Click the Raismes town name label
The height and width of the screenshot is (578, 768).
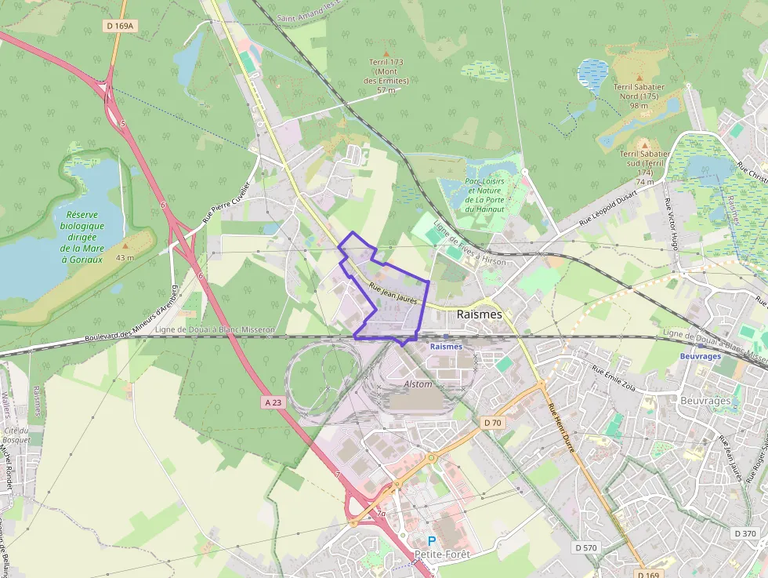click(479, 314)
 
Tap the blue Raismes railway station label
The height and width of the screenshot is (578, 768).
click(446, 345)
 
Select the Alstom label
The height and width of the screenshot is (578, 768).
click(418, 384)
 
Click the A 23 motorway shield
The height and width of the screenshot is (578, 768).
click(273, 402)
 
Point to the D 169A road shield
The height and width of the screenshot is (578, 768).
click(121, 26)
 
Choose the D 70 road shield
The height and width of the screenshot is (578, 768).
click(492, 423)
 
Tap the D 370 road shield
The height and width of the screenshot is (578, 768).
click(745, 533)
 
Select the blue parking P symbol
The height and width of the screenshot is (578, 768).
click(432, 541)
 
